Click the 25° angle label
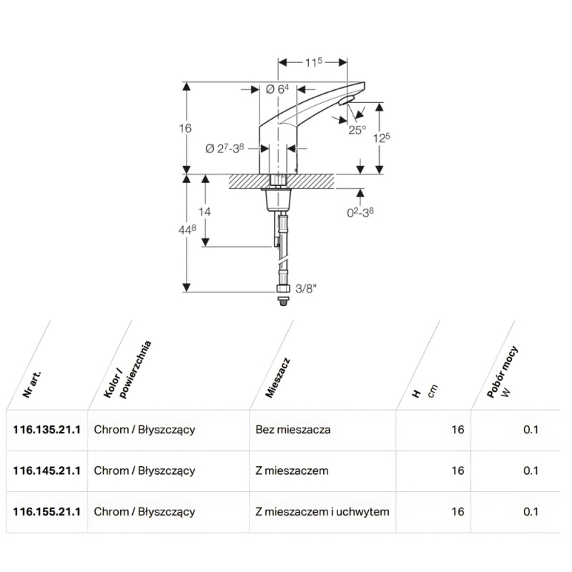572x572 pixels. tap(357, 129)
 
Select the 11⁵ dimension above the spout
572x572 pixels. tap(313, 64)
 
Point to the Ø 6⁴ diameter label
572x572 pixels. tap(276, 89)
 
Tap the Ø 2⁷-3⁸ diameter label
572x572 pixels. tap(225, 148)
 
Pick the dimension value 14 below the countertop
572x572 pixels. tap(205, 212)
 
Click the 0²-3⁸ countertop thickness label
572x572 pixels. tap(360, 212)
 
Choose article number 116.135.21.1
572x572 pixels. tap(46, 430)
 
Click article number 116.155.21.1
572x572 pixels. tap(46, 512)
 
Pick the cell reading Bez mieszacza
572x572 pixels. tap(292, 430)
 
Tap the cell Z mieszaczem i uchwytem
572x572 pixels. tap(322, 512)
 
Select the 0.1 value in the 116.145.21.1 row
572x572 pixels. tap(531, 470)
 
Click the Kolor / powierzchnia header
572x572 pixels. tap(122, 372)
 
